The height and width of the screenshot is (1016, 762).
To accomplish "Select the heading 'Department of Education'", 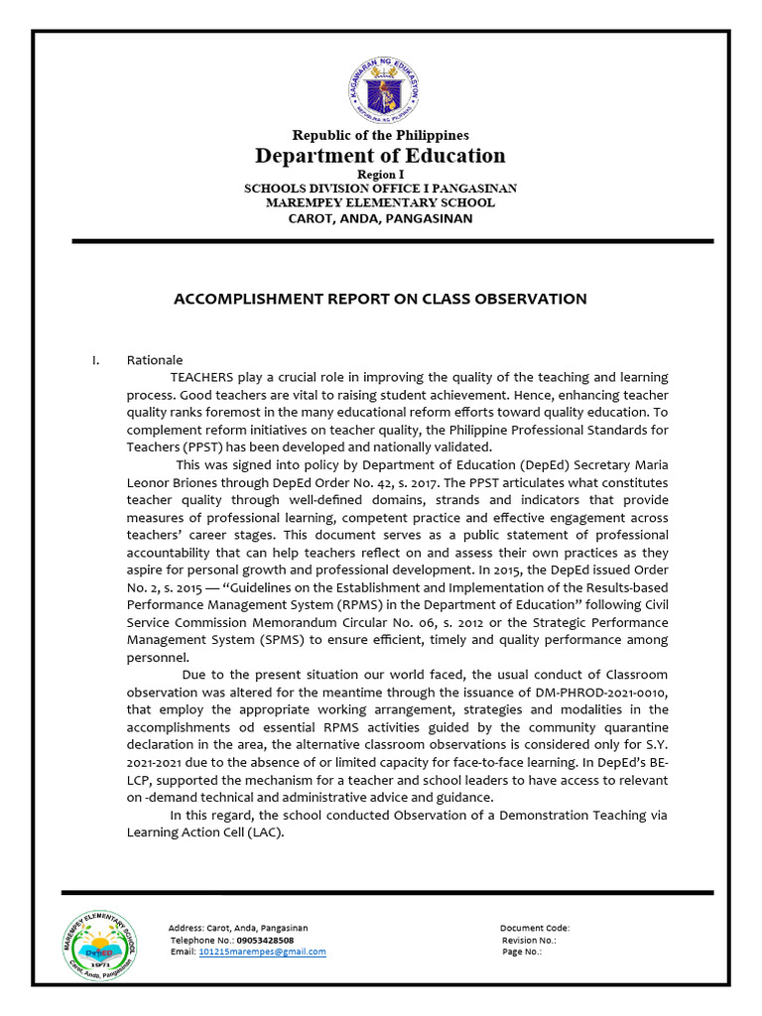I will [x=380, y=156].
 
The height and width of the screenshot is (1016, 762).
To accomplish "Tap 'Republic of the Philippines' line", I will [x=380, y=135].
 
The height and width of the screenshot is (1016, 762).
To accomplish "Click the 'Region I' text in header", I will [x=380, y=174].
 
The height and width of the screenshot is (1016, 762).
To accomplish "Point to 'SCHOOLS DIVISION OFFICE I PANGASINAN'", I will [x=380, y=189].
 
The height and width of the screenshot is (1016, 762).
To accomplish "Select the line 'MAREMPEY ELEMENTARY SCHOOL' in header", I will [x=380, y=202].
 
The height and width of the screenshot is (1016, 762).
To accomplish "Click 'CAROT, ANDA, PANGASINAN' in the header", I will [x=380, y=217].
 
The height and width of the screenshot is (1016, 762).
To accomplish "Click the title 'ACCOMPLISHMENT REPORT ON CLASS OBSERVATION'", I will [x=380, y=299].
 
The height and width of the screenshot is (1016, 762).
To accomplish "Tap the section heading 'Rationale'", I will [x=155, y=360].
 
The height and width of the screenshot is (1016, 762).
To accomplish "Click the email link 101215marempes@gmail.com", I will [x=262, y=952].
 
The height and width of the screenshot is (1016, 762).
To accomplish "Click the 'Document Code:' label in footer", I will [x=534, y=929].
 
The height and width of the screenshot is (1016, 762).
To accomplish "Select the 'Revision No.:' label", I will [x=529, y=940].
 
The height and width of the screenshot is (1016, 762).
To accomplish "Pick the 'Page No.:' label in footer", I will [x=522, y=952].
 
